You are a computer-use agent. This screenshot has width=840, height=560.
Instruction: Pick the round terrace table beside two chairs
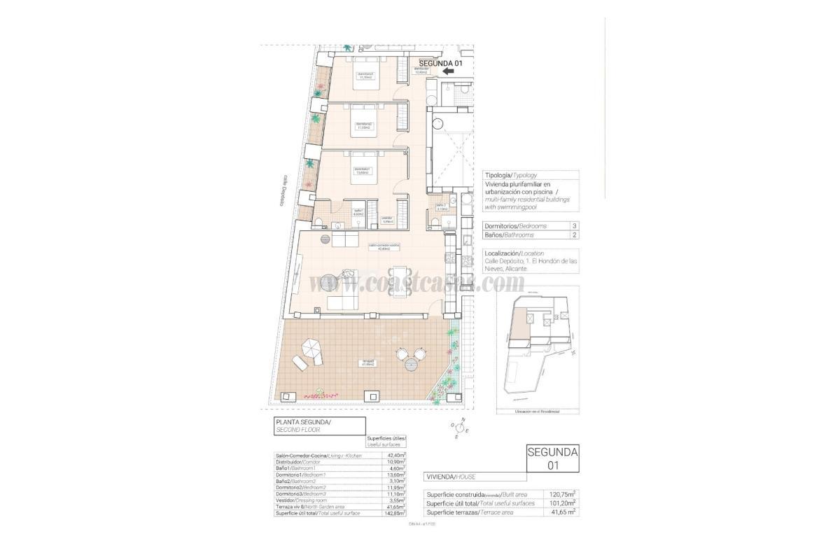coord(412,364)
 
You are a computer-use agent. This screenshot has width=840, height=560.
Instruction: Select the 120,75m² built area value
coord(561,493)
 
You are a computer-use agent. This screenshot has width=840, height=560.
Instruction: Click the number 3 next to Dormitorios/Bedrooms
coord(574,226)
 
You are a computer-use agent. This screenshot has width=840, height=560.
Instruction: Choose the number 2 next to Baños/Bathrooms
coord(574,235)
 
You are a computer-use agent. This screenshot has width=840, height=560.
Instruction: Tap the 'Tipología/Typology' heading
coord(511,175)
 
